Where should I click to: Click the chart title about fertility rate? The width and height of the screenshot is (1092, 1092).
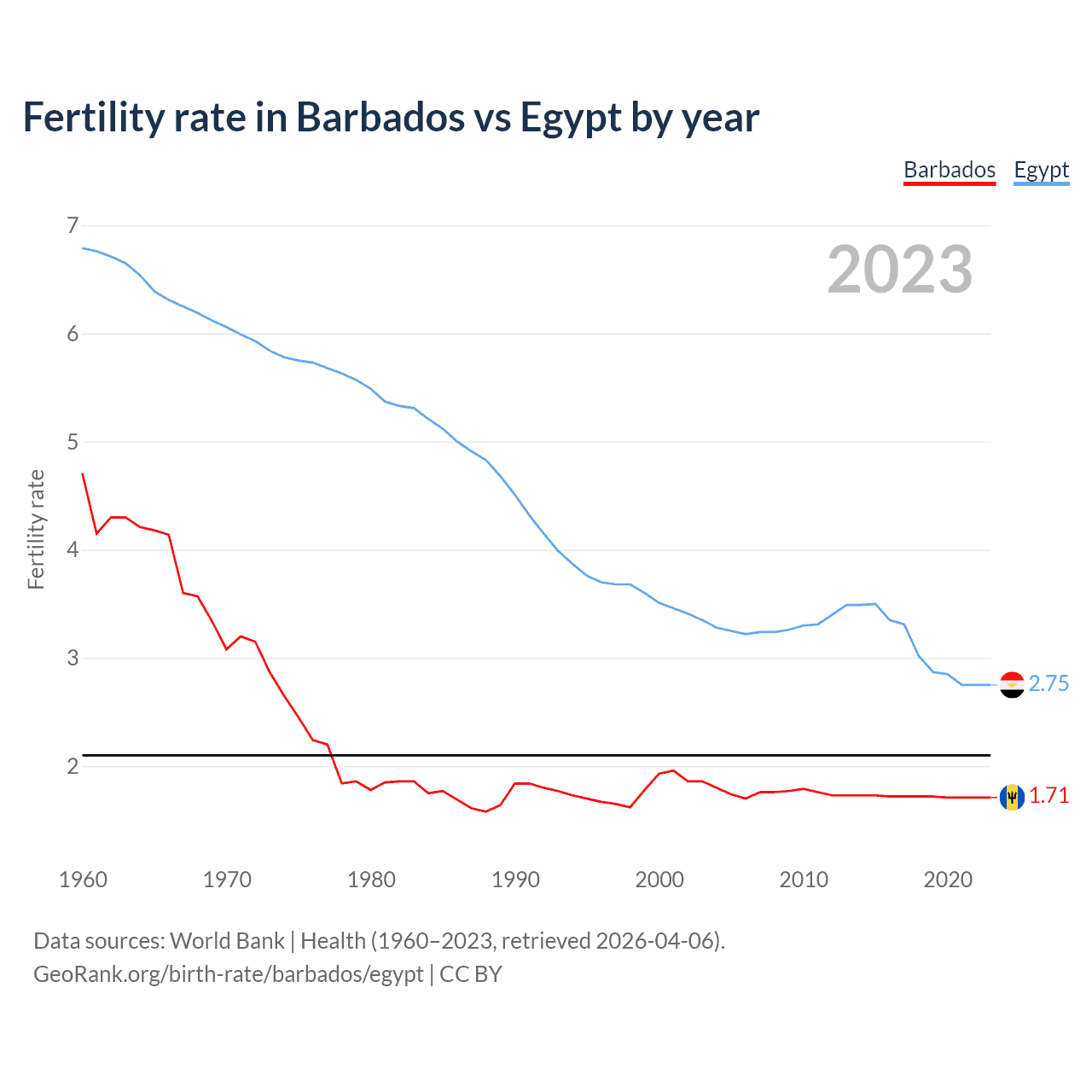pos(391,118)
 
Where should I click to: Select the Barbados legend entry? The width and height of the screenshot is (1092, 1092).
pos(950,170)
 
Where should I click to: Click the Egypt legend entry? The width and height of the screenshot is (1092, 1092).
pos(1041,170)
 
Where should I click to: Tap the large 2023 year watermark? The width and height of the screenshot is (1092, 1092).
pos(899,270)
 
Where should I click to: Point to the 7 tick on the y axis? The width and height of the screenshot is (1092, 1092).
pos(73,225)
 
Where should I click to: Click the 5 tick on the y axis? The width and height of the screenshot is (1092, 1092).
pos(73,442)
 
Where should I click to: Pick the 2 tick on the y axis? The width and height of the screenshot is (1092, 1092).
pos(73,766)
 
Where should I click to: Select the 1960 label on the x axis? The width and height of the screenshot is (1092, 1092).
pos(83,880)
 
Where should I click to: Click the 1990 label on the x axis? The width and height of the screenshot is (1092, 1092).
pos(515,880)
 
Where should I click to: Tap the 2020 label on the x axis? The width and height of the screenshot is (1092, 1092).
pos(948,880)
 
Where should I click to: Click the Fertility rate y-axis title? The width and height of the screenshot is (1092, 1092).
pos(36,529)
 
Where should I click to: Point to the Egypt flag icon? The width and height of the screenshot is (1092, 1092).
pos(1012,684)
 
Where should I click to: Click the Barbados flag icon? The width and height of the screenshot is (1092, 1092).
pos(1012,797)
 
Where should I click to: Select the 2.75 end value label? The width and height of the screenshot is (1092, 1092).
pos(1048,684)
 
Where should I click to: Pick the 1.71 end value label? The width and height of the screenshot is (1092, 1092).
pos(1048,795)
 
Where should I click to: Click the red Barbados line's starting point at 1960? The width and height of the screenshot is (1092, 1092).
pos(83,473)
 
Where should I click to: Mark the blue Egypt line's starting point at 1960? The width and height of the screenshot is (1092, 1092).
pos(83,247)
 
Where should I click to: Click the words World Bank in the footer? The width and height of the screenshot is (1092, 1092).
pos(227,941)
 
